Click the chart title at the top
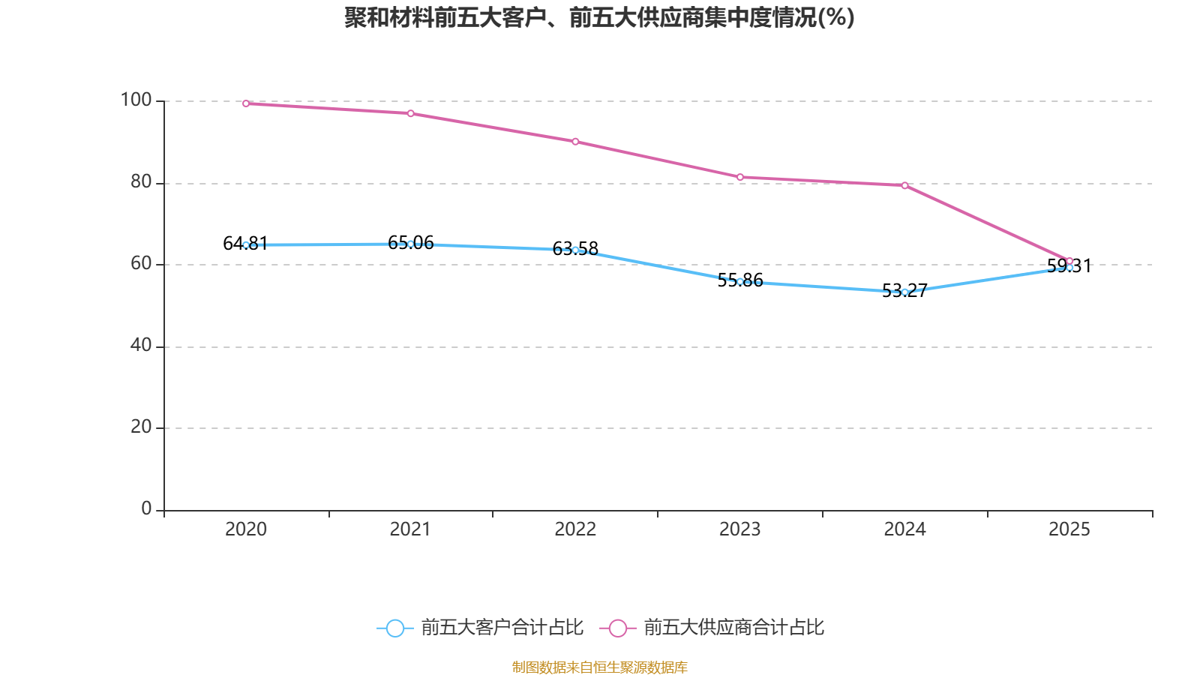(599, 18)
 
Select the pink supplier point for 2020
(246, 103)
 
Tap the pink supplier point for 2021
(410, 113)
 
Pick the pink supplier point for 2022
(575, 142)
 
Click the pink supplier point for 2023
(740, 177)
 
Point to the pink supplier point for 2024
(904, 185)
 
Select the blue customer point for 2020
(246, 245)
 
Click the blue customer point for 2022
(575, 250)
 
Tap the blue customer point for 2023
(740, 282)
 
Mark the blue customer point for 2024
(904, 292)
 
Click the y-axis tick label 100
(136, 100)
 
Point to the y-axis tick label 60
(140, 264)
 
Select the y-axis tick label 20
(140, 427)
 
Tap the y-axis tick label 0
(146, 509)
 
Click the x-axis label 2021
(410, 529)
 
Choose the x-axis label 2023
(739, 529)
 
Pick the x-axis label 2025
(1069, 529)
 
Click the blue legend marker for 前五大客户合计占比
(394, 628)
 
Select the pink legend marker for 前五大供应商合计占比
(617, 628)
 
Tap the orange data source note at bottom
(599, 667)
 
